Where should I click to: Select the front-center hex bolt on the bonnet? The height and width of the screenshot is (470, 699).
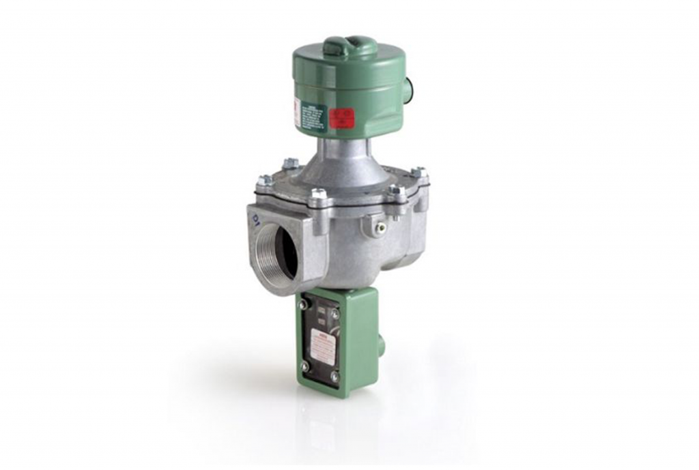click(x=318, y=197)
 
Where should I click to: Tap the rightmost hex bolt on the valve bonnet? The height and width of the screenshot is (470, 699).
click(x=420, y=173)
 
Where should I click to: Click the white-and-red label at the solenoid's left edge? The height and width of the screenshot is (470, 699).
click(x=297, y=113)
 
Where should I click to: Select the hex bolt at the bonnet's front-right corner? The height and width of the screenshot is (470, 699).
click(x=395, y=192)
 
